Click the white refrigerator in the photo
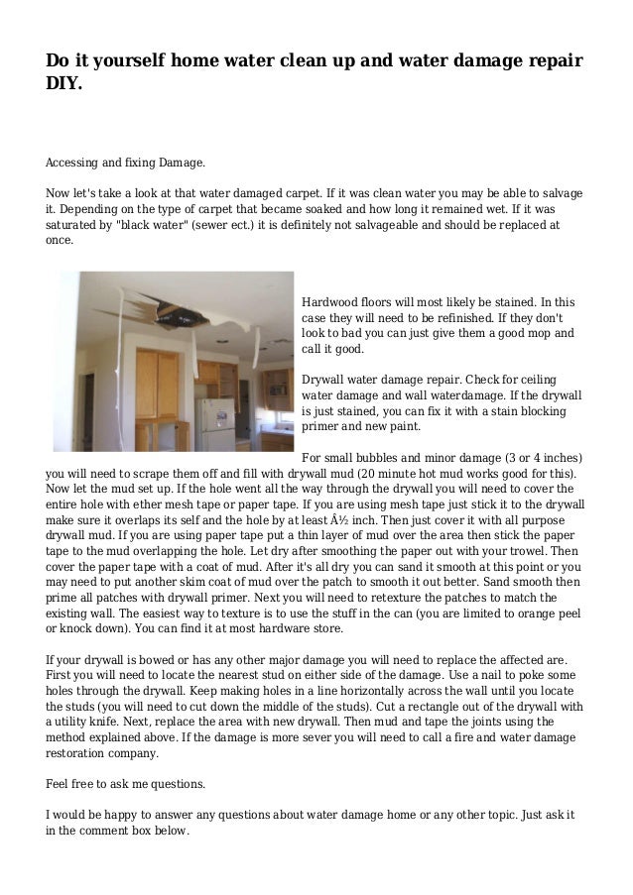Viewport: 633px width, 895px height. tap(213, 423)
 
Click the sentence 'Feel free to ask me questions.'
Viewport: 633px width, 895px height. tap(126, 784)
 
